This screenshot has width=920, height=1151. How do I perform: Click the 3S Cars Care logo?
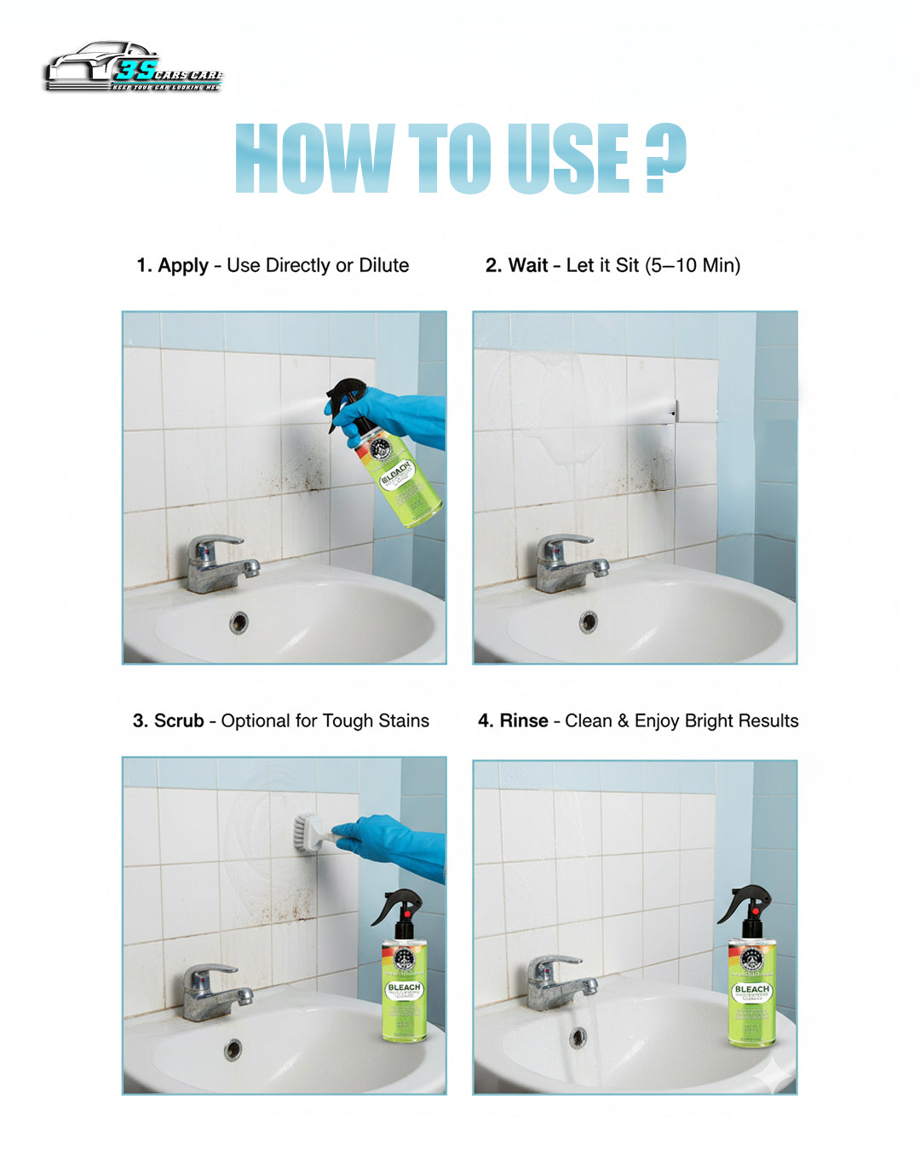point(134,68)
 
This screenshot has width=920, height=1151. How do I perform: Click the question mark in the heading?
point(665,159)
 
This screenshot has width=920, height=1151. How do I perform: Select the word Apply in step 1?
point(182,266)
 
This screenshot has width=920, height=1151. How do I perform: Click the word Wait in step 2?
point(528,266)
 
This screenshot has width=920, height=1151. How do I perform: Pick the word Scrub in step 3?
point(179,721)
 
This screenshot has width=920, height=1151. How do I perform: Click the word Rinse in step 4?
point(523,721)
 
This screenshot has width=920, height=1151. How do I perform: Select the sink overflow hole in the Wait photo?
point(588,622)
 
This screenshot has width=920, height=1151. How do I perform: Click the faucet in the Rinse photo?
point(558,980)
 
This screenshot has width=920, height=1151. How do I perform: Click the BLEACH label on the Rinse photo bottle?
point(751,990)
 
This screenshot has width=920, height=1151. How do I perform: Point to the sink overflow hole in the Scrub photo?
point(233,1049)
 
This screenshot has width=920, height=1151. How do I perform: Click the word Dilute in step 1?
point(383,266)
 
